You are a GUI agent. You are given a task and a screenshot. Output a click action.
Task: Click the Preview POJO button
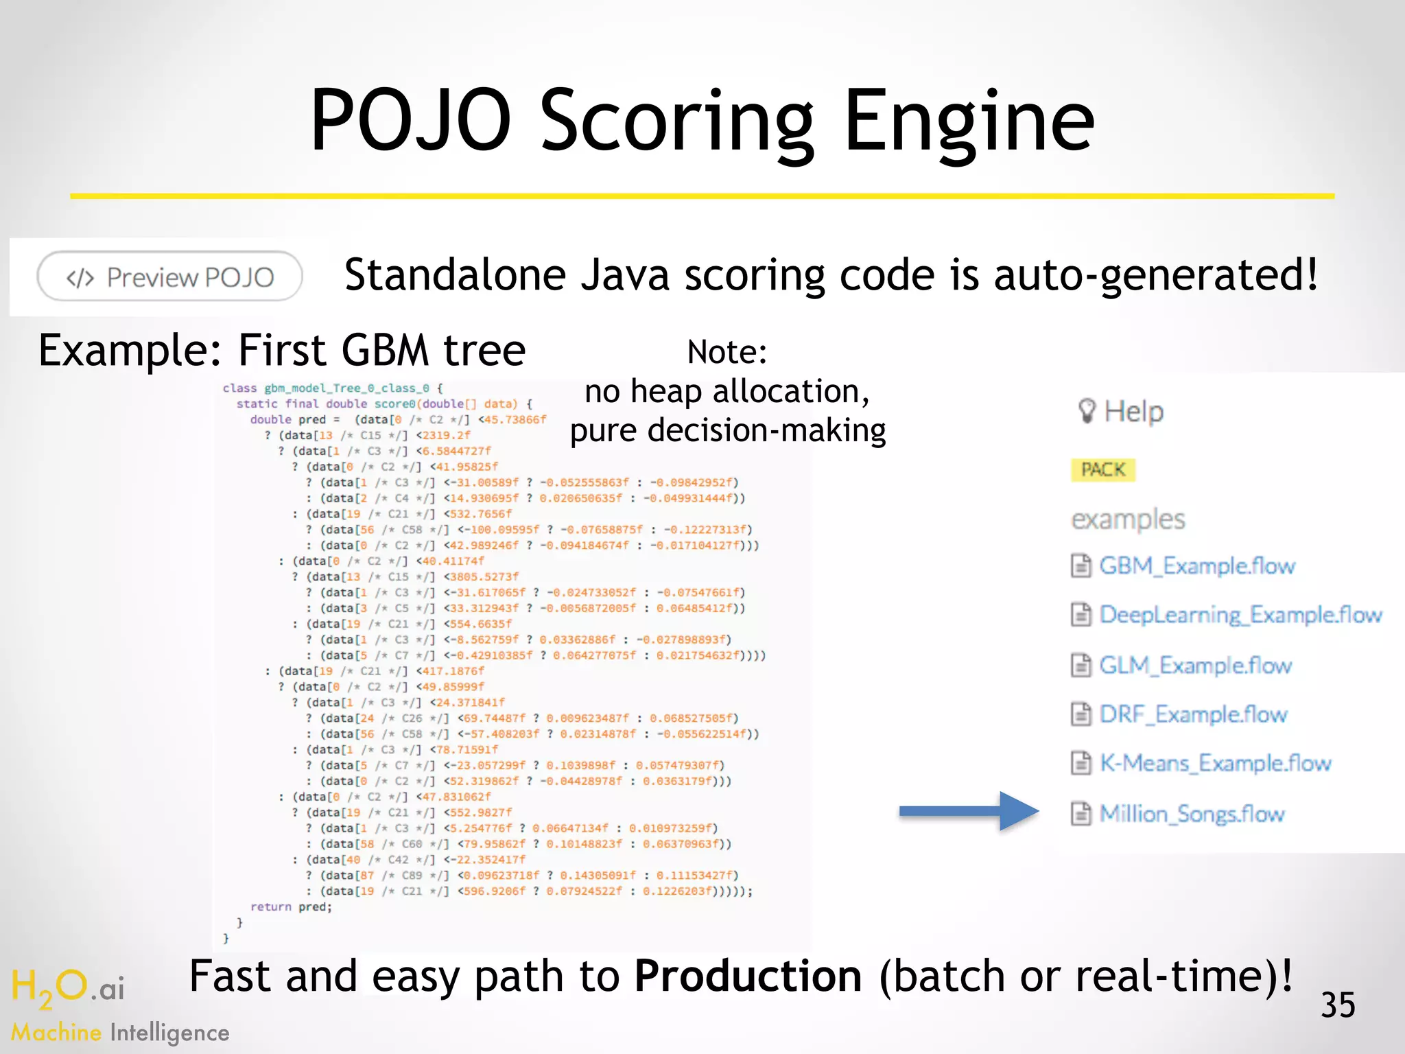(169, 277)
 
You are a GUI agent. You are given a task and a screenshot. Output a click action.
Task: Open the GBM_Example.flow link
(1196, 566)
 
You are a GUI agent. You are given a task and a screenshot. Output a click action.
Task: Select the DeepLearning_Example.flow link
(1240, 615)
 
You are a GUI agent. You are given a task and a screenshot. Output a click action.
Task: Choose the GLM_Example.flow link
(1195, 665)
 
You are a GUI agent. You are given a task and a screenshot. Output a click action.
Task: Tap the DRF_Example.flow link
(1193, 714)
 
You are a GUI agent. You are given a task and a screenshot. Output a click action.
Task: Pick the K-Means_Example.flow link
(1215, 763)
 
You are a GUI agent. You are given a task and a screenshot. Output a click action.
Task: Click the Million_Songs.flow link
(1192, 814)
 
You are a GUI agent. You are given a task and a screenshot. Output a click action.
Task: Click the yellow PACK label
(1102, 470)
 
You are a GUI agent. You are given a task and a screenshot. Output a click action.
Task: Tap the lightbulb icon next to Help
(1086, 411)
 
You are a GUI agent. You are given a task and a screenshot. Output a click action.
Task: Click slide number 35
(1337, 1005)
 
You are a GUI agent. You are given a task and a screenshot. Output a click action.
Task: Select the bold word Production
(747, 976)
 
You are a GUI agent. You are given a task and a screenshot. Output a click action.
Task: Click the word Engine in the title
(969, 121)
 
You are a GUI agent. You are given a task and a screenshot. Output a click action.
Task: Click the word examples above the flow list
(1128, 519)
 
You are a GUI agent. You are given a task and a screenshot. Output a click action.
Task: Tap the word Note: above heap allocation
(727, 352)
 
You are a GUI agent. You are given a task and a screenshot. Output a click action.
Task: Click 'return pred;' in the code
(291, 907)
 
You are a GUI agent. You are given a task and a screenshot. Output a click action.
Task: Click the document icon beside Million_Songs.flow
(1081, 814)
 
